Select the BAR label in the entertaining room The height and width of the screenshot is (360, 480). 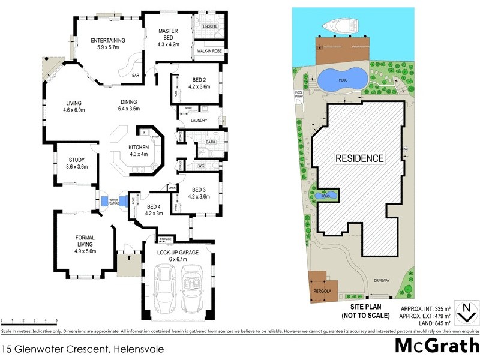pos(137,75)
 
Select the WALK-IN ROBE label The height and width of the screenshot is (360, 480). pos(206,52)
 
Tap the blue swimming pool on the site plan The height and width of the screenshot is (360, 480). pos(341,79)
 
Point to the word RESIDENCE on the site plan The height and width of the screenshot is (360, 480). pos(359,158)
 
